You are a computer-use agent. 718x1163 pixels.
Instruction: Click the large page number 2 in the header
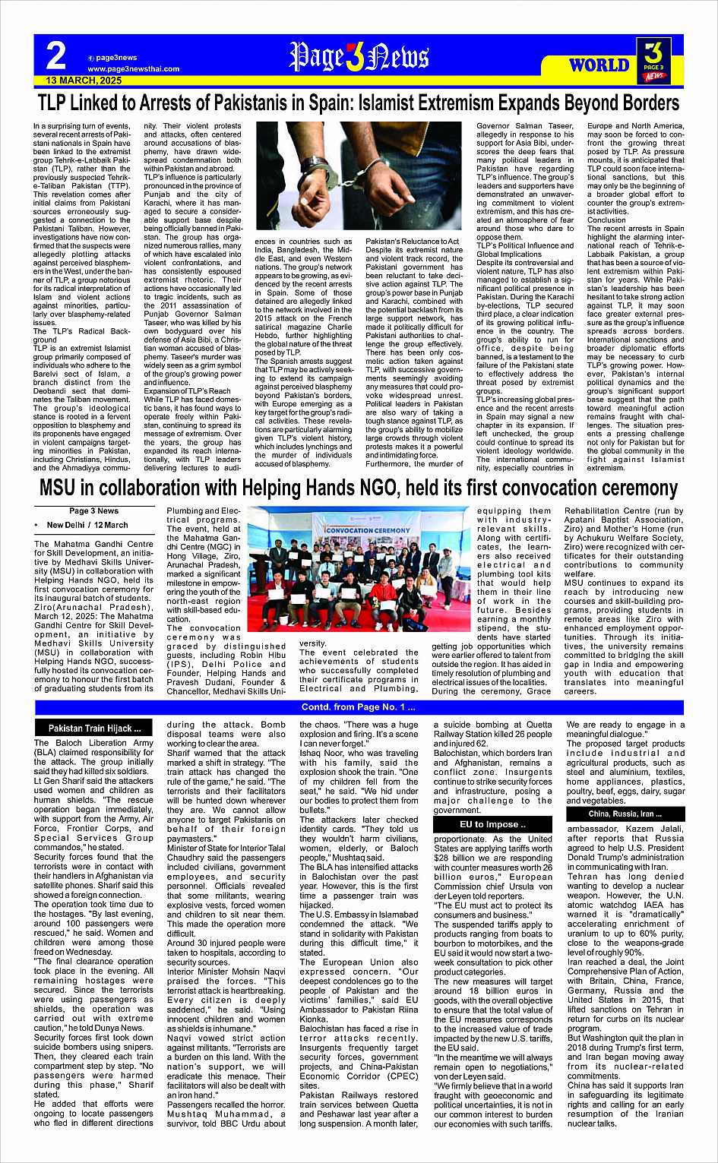click(55, 56)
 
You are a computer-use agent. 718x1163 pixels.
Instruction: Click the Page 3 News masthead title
click(359, 57)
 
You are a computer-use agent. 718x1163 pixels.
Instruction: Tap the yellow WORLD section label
click(599, 65)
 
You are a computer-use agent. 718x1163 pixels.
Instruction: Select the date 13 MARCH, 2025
click(84, 81)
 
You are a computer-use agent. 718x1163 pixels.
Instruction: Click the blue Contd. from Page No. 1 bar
click(359, 708)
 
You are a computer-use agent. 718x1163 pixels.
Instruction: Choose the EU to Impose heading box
click(492, 824)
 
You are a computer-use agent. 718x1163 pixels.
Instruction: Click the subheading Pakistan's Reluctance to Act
click(413, 242)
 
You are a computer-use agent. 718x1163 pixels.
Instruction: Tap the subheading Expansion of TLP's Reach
click(187, 390)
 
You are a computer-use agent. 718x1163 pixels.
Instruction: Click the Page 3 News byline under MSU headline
click(93, 511)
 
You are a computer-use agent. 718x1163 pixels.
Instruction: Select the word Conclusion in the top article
click(607, 220)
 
